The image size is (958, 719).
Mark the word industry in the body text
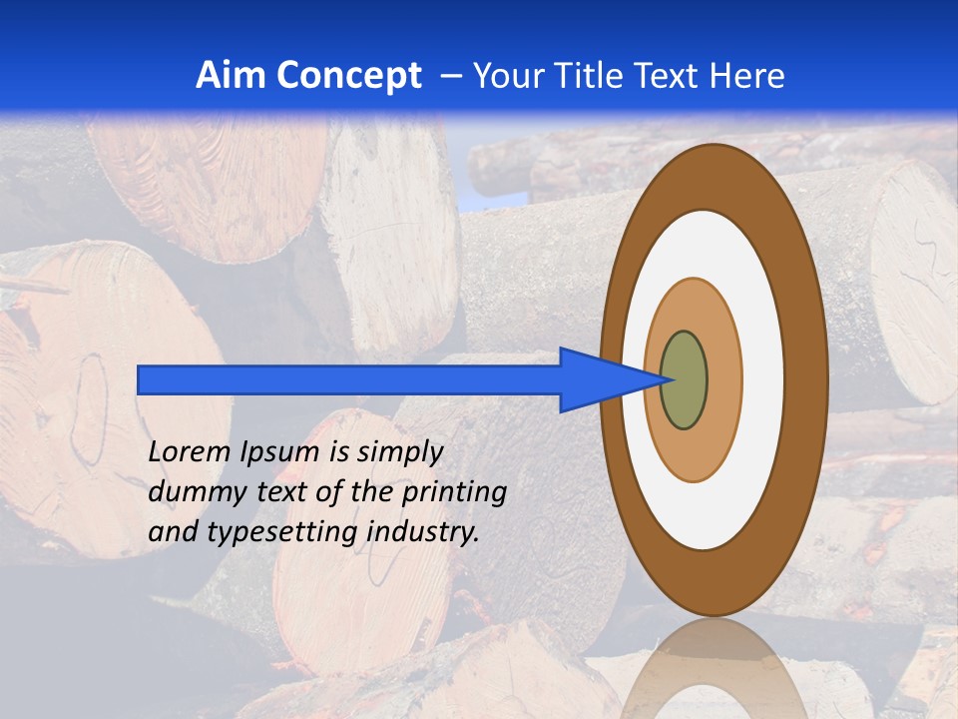(x=423, y=532)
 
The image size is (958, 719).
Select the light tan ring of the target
(x=723, y=379)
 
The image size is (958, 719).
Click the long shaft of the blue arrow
(x=349, y=379)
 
